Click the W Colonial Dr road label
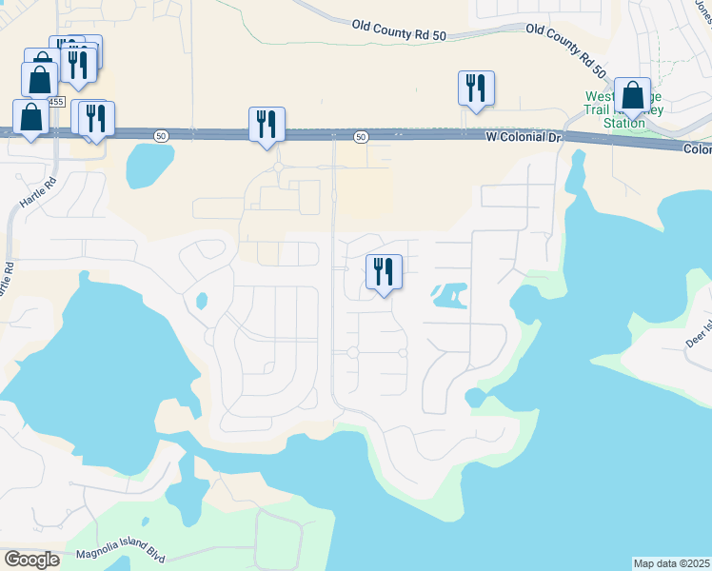tap(524, 137)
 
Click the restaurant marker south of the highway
tap(384, 273)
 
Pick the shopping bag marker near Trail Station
tap(632, 96)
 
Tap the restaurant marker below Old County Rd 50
tap(474, 89)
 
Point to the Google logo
tap(31, 559)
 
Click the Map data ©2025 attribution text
tap(671, 563)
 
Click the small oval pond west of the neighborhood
tap(201, 301)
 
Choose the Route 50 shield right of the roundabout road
tap(361, 137)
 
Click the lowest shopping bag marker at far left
tap(30, 118)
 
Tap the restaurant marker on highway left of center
tap(267, 125)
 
